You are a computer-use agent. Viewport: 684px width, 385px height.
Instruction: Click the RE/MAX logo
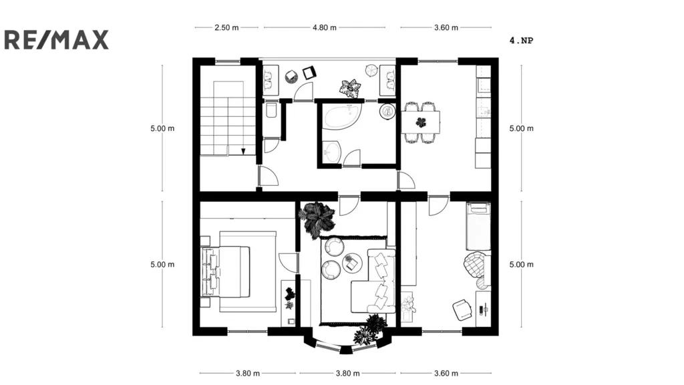(56, 39)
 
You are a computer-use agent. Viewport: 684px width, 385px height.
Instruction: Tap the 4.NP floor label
(521, 40)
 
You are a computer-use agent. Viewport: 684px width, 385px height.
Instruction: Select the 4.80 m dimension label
(325, 28)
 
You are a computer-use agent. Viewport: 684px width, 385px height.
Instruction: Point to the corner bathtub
(342, 117)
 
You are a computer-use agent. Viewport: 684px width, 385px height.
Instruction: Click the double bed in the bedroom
(230, 271)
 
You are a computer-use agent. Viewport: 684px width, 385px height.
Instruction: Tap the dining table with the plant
(421, 122)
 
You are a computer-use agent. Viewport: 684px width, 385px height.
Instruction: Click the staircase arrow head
(244, 152)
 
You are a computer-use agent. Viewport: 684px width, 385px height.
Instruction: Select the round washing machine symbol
(387, 112)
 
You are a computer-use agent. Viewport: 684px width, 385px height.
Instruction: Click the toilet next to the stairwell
(271, 110)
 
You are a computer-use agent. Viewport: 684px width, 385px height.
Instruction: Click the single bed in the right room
(478, 225)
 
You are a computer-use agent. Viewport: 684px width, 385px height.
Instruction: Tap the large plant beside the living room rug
(316, 219)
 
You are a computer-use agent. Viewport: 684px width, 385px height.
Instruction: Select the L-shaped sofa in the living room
(377, 281)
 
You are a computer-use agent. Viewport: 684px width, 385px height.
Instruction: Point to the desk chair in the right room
(462, 309)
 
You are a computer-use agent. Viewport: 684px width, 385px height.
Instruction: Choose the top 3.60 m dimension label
(446, 28)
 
